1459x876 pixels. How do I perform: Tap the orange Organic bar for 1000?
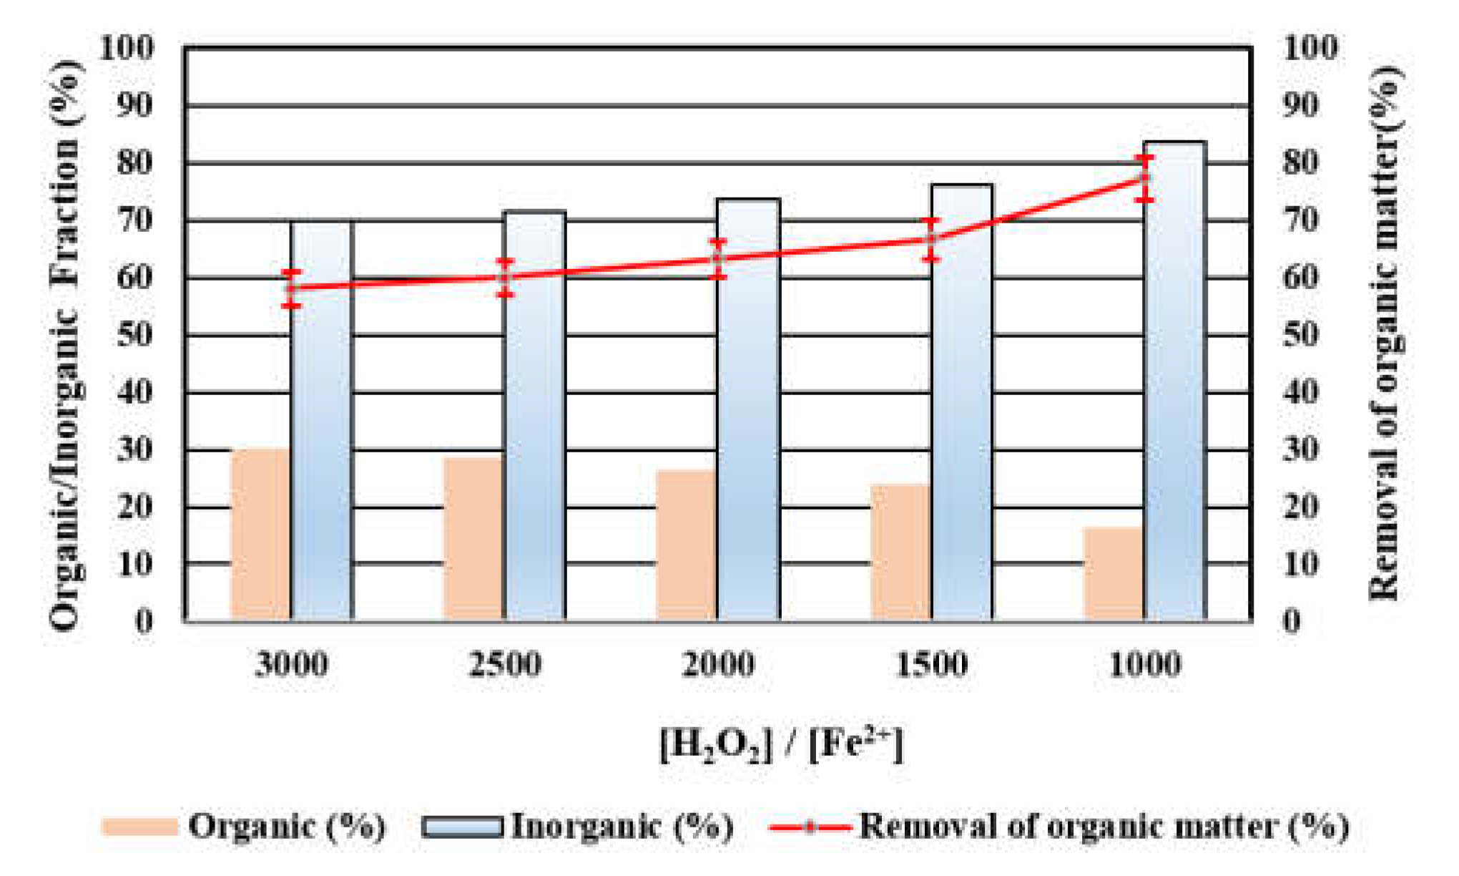tap(1114, 574)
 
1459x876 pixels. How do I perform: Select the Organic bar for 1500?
tap(900, 552)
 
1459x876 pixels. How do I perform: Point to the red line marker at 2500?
tap(506, 277)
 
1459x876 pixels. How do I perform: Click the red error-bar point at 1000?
tap(1145, 177)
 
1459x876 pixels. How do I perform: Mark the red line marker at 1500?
tap(930, 239)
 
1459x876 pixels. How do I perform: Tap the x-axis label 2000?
tap(717, 665)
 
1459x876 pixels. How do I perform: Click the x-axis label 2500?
tap(505, 665)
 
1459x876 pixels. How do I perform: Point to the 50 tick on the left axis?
tap(134, 335)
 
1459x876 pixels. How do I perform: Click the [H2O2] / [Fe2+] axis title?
tap(781, 746)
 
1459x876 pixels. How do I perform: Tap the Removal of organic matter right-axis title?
tap(1385, 334)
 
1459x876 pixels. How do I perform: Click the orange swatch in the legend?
tap(139, 827)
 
